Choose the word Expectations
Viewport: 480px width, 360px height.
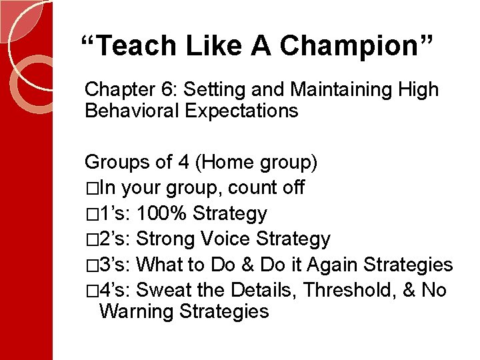tap(241, 111)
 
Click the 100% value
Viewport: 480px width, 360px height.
tap(163, 214)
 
